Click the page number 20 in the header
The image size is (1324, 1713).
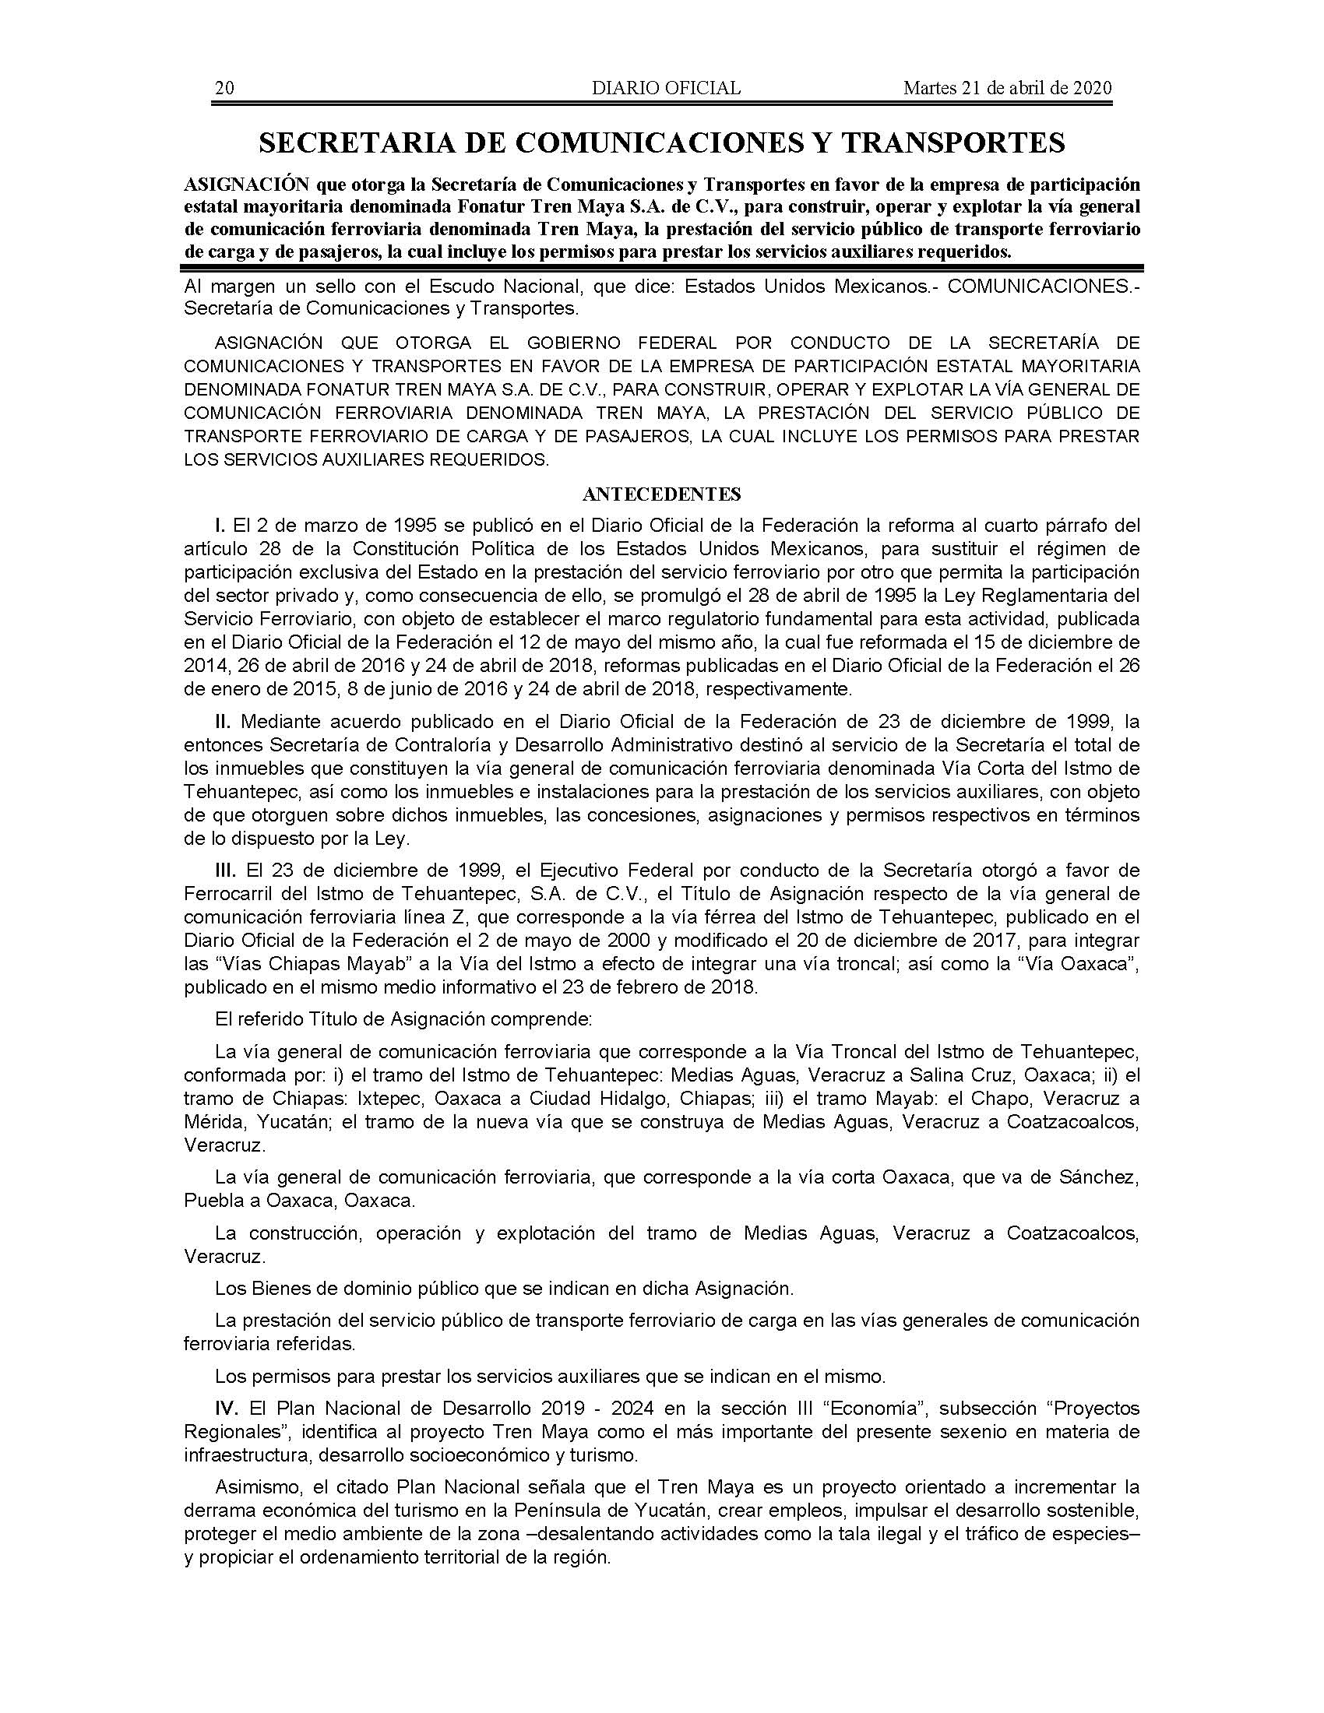click(x=224, y=89)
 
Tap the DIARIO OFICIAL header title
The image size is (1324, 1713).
click(x=666, y=89)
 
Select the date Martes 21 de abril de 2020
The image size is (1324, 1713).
click(x=1007, y=89)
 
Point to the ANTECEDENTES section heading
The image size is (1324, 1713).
click(x=662, y=494)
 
